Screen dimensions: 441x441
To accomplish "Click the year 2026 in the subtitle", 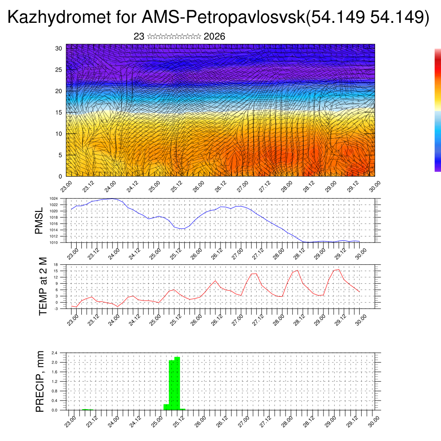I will pos(214,37).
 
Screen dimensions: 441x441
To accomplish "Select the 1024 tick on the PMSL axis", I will pos(54,199).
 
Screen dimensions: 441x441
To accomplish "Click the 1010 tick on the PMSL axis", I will pos(54,242).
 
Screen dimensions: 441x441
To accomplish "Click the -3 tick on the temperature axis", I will pos(56,308).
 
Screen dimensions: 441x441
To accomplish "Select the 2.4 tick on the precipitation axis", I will pos(54,353).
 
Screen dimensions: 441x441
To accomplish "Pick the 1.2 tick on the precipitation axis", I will pos(54,382).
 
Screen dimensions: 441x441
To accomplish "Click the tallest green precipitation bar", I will pos(177,383).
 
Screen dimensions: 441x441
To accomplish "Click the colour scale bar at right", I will pos(438,110).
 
